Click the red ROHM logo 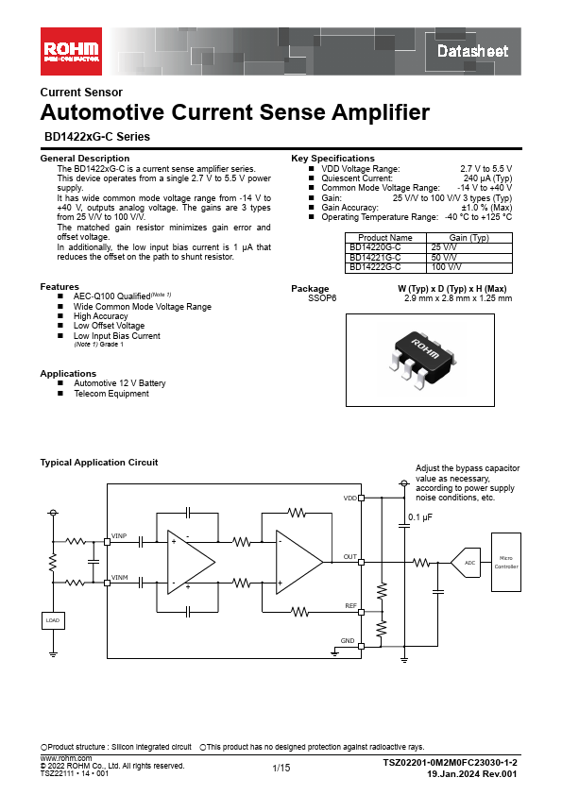(x=71, y=51)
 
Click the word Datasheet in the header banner (x=472, y=51)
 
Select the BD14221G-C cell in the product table (x=385, y=258)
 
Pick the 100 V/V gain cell (x=469, y=267)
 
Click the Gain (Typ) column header (x=469, y=237)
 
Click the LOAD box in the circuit (x=53, y=620)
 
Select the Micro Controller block (x=506, y=562)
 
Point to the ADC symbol (x=466, y=563)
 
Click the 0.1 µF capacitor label (x=420, y=517)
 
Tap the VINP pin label (x=119, y=536)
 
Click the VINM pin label (x=120, y=578)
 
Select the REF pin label (x=351, y=606)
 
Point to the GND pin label (x=348, y=641)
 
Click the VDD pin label (x=350, y=499)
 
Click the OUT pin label (x=350, y=557)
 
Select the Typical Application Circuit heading (x=99, y=463)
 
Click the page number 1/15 (x=281, y=768)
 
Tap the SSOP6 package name (x=322, y=298)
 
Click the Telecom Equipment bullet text (x=111, y=394)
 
